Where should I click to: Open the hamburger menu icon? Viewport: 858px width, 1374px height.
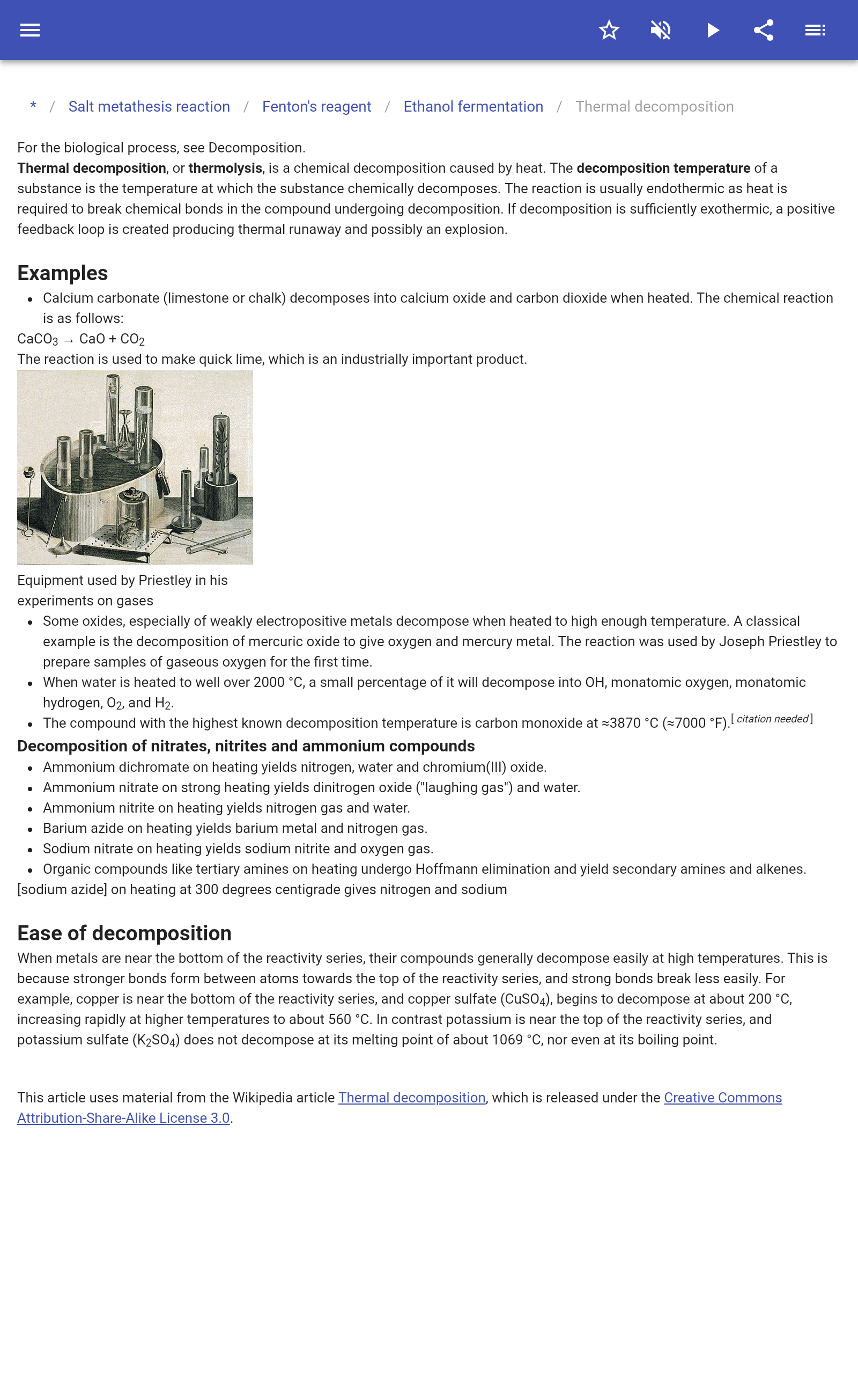point(30,30)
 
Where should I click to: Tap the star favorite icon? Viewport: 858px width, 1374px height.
point(609,30)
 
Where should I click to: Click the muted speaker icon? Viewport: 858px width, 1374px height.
point(661,30)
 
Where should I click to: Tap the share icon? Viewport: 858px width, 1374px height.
point(764,30)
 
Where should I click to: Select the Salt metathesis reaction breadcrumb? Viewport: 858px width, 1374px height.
point(149,107)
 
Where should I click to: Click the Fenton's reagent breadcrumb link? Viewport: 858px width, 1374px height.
point(316,107)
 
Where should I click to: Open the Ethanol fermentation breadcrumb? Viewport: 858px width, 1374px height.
point(474,107)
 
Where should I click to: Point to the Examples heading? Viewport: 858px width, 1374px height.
point(62,273)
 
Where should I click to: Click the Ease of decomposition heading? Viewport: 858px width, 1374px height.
point(124,933)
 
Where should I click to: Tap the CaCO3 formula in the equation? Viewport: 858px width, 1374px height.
point(38,340)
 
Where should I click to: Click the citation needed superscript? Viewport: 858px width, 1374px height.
point(772,719)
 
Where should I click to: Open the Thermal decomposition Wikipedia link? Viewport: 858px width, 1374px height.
point(412,1098)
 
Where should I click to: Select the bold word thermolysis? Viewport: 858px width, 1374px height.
point(225,168)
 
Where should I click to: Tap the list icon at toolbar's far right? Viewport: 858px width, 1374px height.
point(815,30)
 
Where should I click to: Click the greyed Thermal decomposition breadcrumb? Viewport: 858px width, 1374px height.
point(654,107)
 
